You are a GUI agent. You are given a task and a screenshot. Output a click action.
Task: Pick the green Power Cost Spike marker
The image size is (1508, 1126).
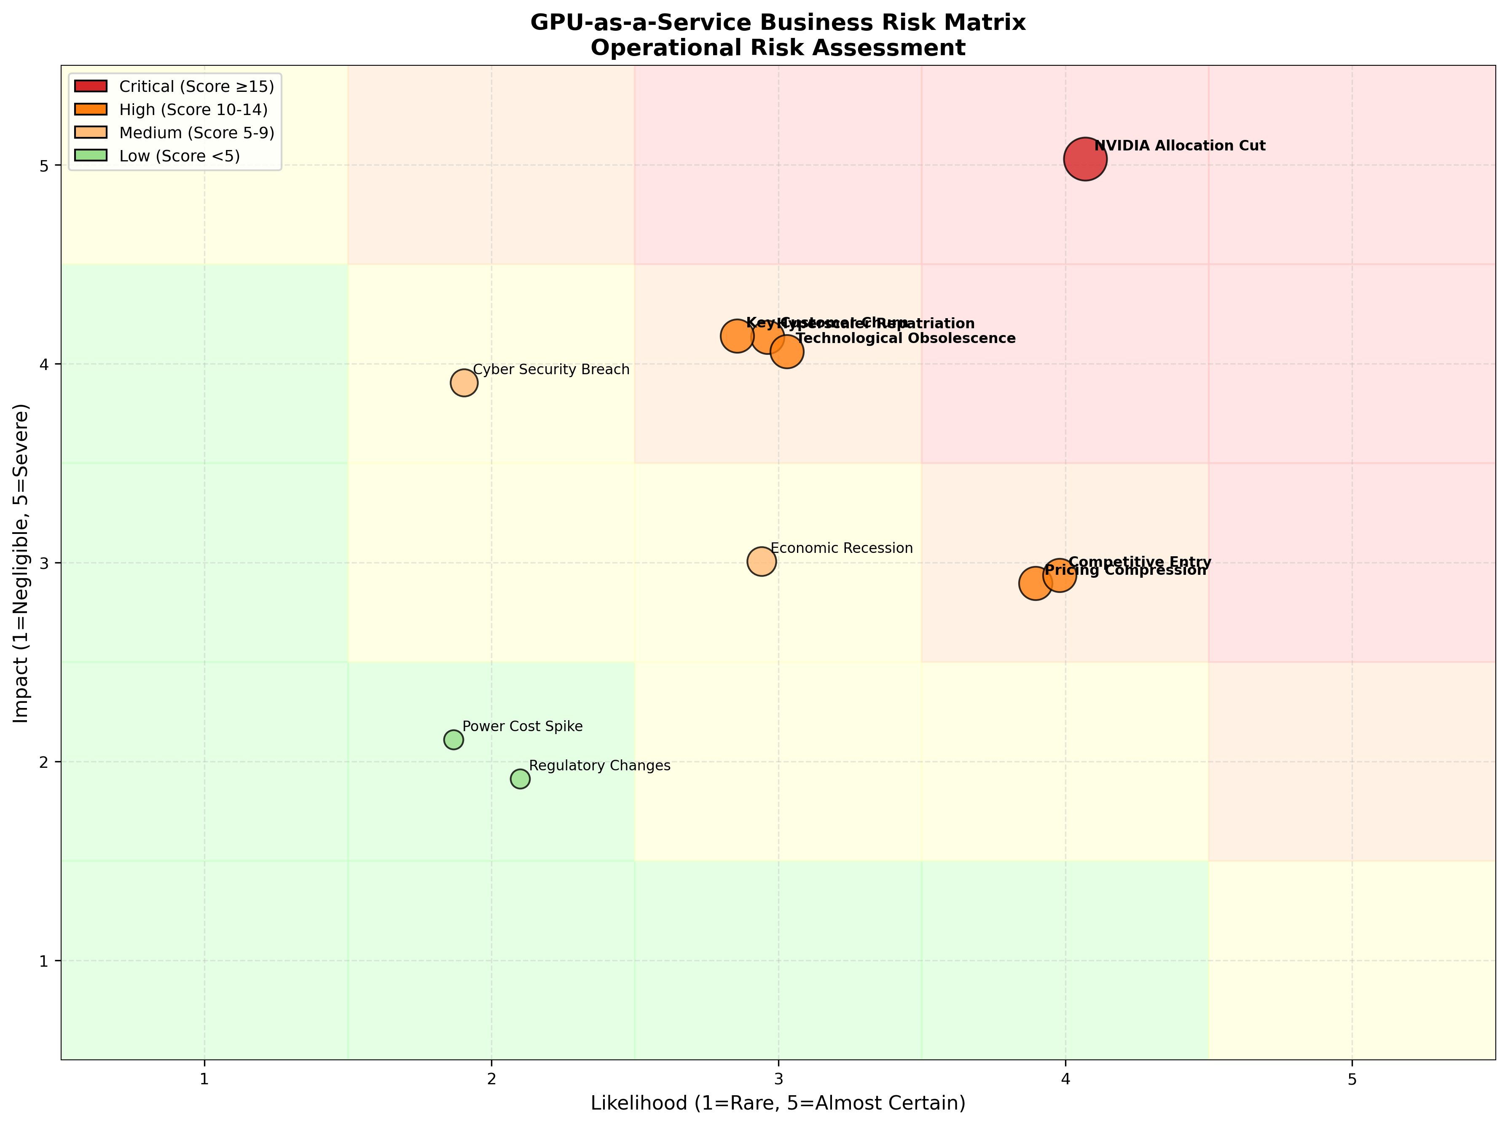453,740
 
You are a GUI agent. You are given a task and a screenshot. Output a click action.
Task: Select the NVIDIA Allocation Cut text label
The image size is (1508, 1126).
1179,146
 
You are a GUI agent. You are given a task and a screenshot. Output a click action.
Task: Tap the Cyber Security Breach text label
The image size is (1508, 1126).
551,370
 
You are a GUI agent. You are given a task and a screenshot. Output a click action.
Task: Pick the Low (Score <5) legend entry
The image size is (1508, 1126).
179,156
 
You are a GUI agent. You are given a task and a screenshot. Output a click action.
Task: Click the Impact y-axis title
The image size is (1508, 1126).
22,563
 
